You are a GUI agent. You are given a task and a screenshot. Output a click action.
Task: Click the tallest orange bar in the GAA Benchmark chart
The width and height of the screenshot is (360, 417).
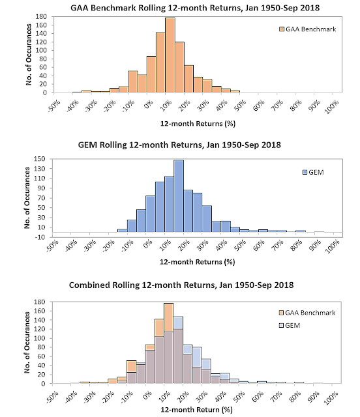(170, 55)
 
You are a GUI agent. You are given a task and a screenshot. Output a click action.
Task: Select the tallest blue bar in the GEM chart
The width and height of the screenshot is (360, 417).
(179, 196)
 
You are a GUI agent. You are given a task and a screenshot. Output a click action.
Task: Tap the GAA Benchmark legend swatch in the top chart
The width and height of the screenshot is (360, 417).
(282, 29)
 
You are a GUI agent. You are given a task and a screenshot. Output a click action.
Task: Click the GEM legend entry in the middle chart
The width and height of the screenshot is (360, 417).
(314, 172)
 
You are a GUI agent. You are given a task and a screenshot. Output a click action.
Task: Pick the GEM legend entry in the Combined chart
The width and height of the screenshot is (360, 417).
(290, 325)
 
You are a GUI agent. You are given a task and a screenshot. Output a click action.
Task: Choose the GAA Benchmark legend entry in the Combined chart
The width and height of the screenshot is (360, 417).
(307, 313)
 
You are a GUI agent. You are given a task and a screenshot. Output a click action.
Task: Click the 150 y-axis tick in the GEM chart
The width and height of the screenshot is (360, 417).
(40, 159)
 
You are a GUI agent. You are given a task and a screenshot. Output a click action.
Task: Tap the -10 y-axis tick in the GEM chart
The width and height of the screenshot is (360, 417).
(40, 237)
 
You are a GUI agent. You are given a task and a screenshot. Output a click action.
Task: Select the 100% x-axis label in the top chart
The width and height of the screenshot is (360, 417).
(332, 106)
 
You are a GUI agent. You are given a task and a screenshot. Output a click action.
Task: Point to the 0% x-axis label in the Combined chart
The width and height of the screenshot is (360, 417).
(148, 394)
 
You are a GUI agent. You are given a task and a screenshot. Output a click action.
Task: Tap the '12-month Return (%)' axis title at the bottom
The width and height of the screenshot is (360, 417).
(196, 409)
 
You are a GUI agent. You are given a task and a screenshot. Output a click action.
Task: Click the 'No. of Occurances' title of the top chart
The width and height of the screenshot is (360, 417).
(29, 55)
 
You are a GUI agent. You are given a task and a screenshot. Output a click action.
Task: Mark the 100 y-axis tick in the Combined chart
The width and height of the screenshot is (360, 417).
(40, 338)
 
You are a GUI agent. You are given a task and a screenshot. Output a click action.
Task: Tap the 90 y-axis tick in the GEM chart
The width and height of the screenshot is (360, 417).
(41, 188)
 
